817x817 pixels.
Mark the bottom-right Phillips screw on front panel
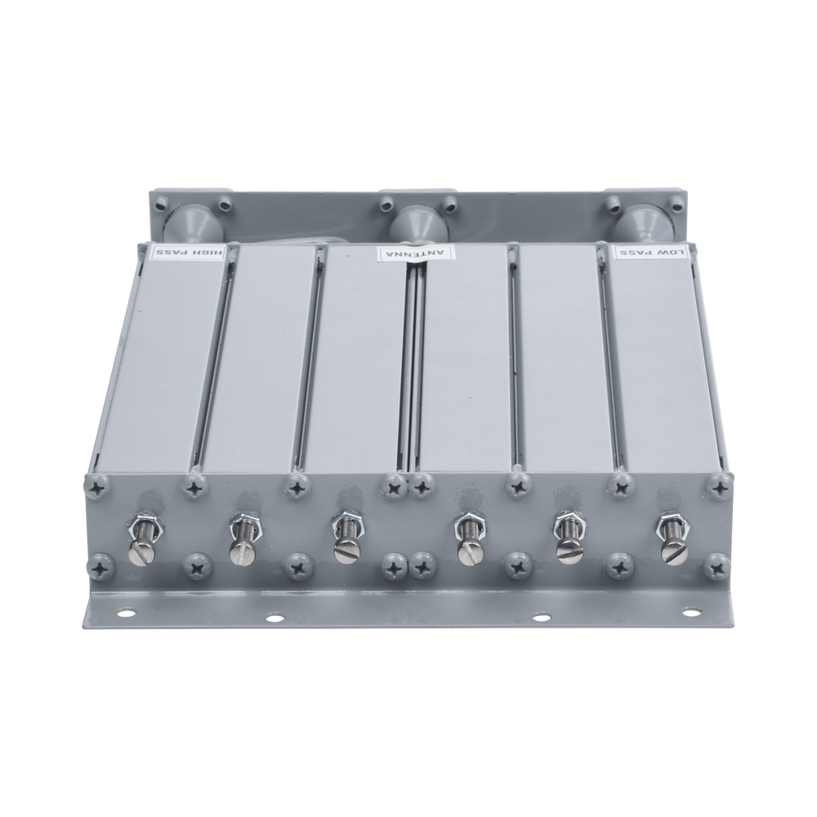point(717,563)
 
